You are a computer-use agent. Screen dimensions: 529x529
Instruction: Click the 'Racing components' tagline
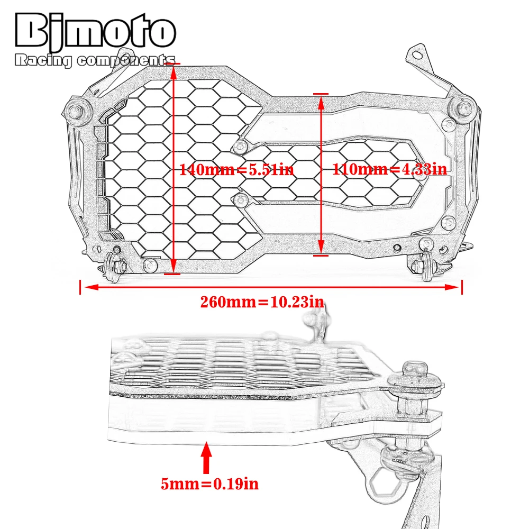click(95, 60)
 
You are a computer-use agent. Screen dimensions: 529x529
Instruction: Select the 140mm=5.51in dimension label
click(236, 169)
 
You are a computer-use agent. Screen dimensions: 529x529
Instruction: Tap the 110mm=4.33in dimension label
click(390, 169)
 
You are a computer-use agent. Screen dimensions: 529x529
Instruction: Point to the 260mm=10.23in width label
click(262, 302)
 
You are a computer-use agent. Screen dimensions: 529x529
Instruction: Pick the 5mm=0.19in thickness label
click(209, 484)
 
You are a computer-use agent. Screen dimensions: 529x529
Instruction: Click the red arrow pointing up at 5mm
click(206, 458)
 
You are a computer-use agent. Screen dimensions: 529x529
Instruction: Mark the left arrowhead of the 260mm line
click(91, 287)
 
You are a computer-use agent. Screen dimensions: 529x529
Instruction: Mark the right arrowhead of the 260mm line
click(452, 287)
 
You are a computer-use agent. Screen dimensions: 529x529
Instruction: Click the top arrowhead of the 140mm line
click(174, 72)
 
